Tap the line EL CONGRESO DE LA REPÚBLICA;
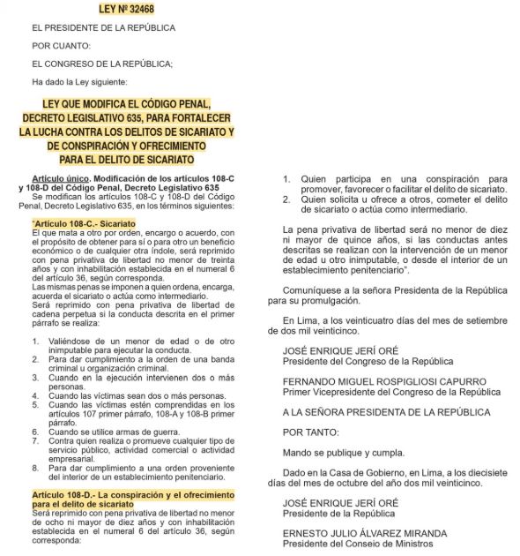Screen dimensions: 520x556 tap(89, 62)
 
